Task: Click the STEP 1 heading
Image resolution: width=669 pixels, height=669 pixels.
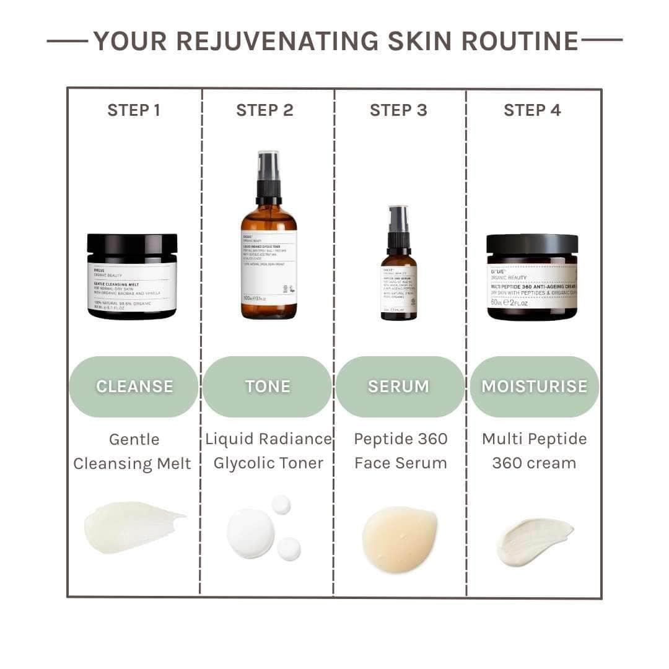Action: tap(134, 110)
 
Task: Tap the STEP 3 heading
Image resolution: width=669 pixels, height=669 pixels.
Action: tap(398, 110)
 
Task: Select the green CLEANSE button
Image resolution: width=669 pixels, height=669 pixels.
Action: tap(134, 387)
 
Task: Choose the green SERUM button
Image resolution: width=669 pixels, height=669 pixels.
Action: tap(398, 387)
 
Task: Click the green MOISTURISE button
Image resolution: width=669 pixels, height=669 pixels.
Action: tap(534, 387)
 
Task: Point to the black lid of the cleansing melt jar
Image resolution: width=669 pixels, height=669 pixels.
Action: tap(132, 243)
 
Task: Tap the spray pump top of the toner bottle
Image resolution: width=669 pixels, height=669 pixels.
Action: tap(268, 177)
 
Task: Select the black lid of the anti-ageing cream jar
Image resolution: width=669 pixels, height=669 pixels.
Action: tap(532, 243)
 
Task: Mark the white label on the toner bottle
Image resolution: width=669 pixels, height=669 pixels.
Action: tap(268, 266)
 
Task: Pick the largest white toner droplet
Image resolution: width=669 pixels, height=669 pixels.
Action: tap(250, 533)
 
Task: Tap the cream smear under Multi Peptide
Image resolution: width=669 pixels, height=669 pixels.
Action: tap(534, 540)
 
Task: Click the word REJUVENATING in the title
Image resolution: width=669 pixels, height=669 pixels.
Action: tap(277, 41)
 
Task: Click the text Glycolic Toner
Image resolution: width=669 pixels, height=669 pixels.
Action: tap(268, 463)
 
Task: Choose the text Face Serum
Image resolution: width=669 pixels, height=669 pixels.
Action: tap(400, 463)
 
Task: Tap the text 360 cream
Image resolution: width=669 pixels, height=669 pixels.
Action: tap(534, 463)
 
